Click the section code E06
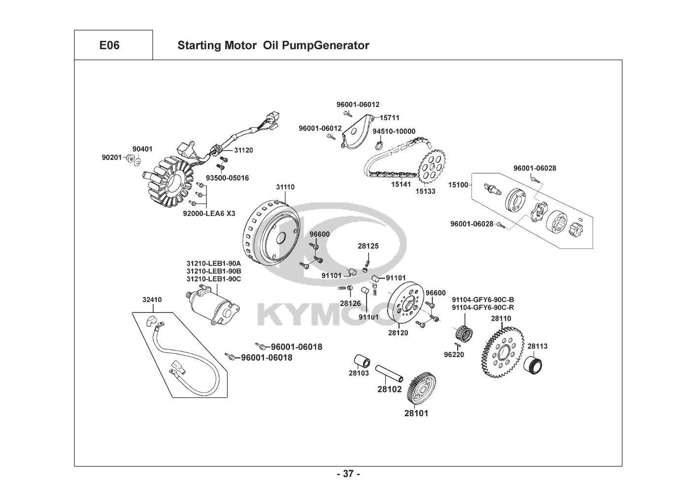coord(109,46)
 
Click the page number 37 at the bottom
coord(348,474)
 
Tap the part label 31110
coord(285,187)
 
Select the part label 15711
coord(390,118)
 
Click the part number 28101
coord(416,414)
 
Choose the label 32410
coord(152,300)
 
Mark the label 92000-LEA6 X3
coord(209,214)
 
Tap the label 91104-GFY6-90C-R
coord(483,307)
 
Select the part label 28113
coord(537,346)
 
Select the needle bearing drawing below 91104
coord(463,333)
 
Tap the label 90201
coord(112,157)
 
